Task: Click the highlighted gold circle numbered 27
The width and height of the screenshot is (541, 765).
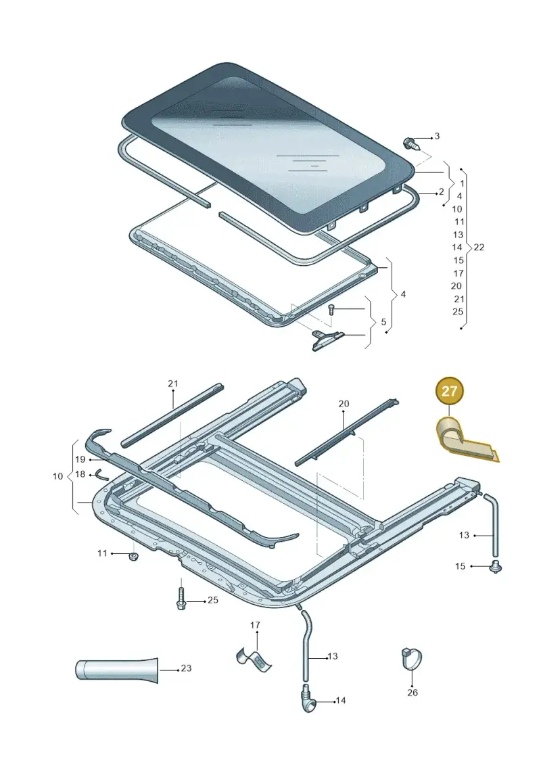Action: (450, 391)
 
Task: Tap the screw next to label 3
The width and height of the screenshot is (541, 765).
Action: (409, 143)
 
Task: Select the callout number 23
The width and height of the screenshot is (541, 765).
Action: (186, 668)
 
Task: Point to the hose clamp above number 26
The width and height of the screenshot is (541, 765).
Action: (410, 659)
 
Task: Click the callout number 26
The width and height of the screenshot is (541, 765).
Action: (413, 693)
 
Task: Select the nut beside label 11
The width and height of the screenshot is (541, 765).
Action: (132, 557)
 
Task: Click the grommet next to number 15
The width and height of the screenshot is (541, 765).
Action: (496, 567)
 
